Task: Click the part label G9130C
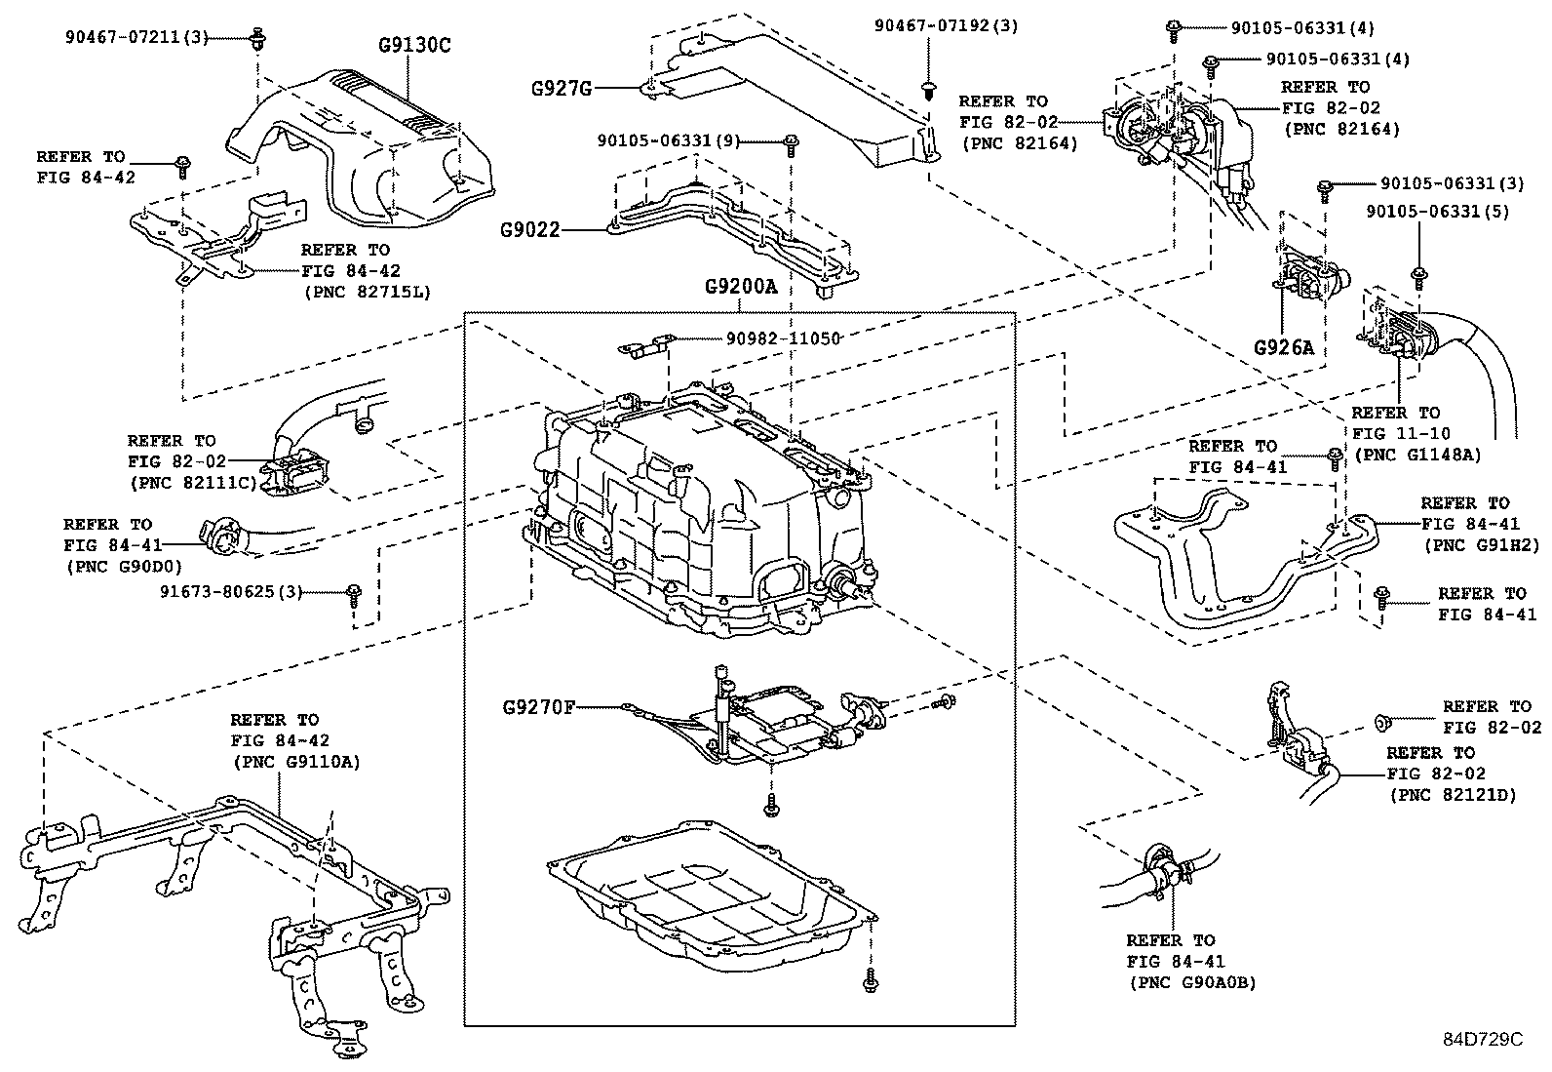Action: point(414,46)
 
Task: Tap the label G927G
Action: point(561,89)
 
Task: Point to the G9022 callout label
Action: point(530,230)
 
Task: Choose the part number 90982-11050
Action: point(783,337)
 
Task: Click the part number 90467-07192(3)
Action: point(947,26)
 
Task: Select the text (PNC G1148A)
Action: point(1416,455)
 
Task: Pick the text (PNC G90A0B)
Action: point(1192,983)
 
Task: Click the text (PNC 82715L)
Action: point(366,292)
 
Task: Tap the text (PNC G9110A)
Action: point(295,762)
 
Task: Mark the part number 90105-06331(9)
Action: point(669,141)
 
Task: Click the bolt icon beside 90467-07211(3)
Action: point(257,40)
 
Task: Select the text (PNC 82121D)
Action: point(1453,795)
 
